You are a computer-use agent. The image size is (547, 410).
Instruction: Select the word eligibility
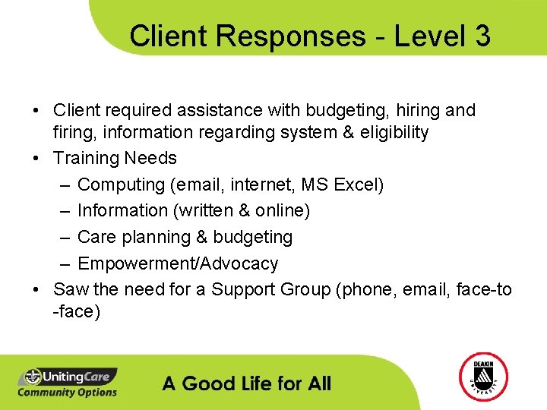tap(390, 133)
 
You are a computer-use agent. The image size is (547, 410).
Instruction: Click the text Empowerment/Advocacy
tap(178, 263)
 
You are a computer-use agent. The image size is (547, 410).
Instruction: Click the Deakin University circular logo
tap(483, 377)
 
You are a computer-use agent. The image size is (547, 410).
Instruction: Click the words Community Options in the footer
tap(67, 392)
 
